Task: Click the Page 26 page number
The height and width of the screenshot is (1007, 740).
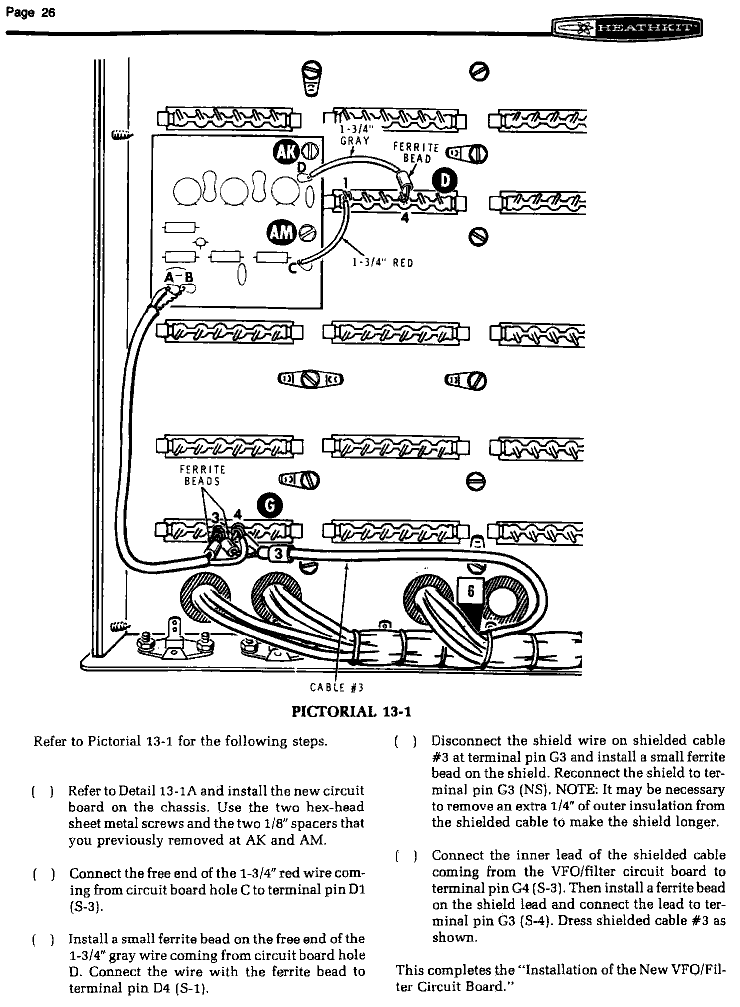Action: click(30, 13)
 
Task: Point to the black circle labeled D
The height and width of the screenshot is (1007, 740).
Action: click(444, 181)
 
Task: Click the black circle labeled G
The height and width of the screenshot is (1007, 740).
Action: click(270, 506)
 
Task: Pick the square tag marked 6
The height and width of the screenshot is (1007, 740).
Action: click(470, 591)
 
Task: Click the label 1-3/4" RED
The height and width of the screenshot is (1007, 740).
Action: click(383, 263)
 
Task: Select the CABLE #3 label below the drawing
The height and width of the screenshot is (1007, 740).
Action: click(336, 688)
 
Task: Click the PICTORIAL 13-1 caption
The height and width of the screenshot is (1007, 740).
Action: click(351, 712)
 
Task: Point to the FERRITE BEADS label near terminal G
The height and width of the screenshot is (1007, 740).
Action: click(202, 475)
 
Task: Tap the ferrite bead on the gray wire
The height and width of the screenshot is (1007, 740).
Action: click(406, 182)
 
